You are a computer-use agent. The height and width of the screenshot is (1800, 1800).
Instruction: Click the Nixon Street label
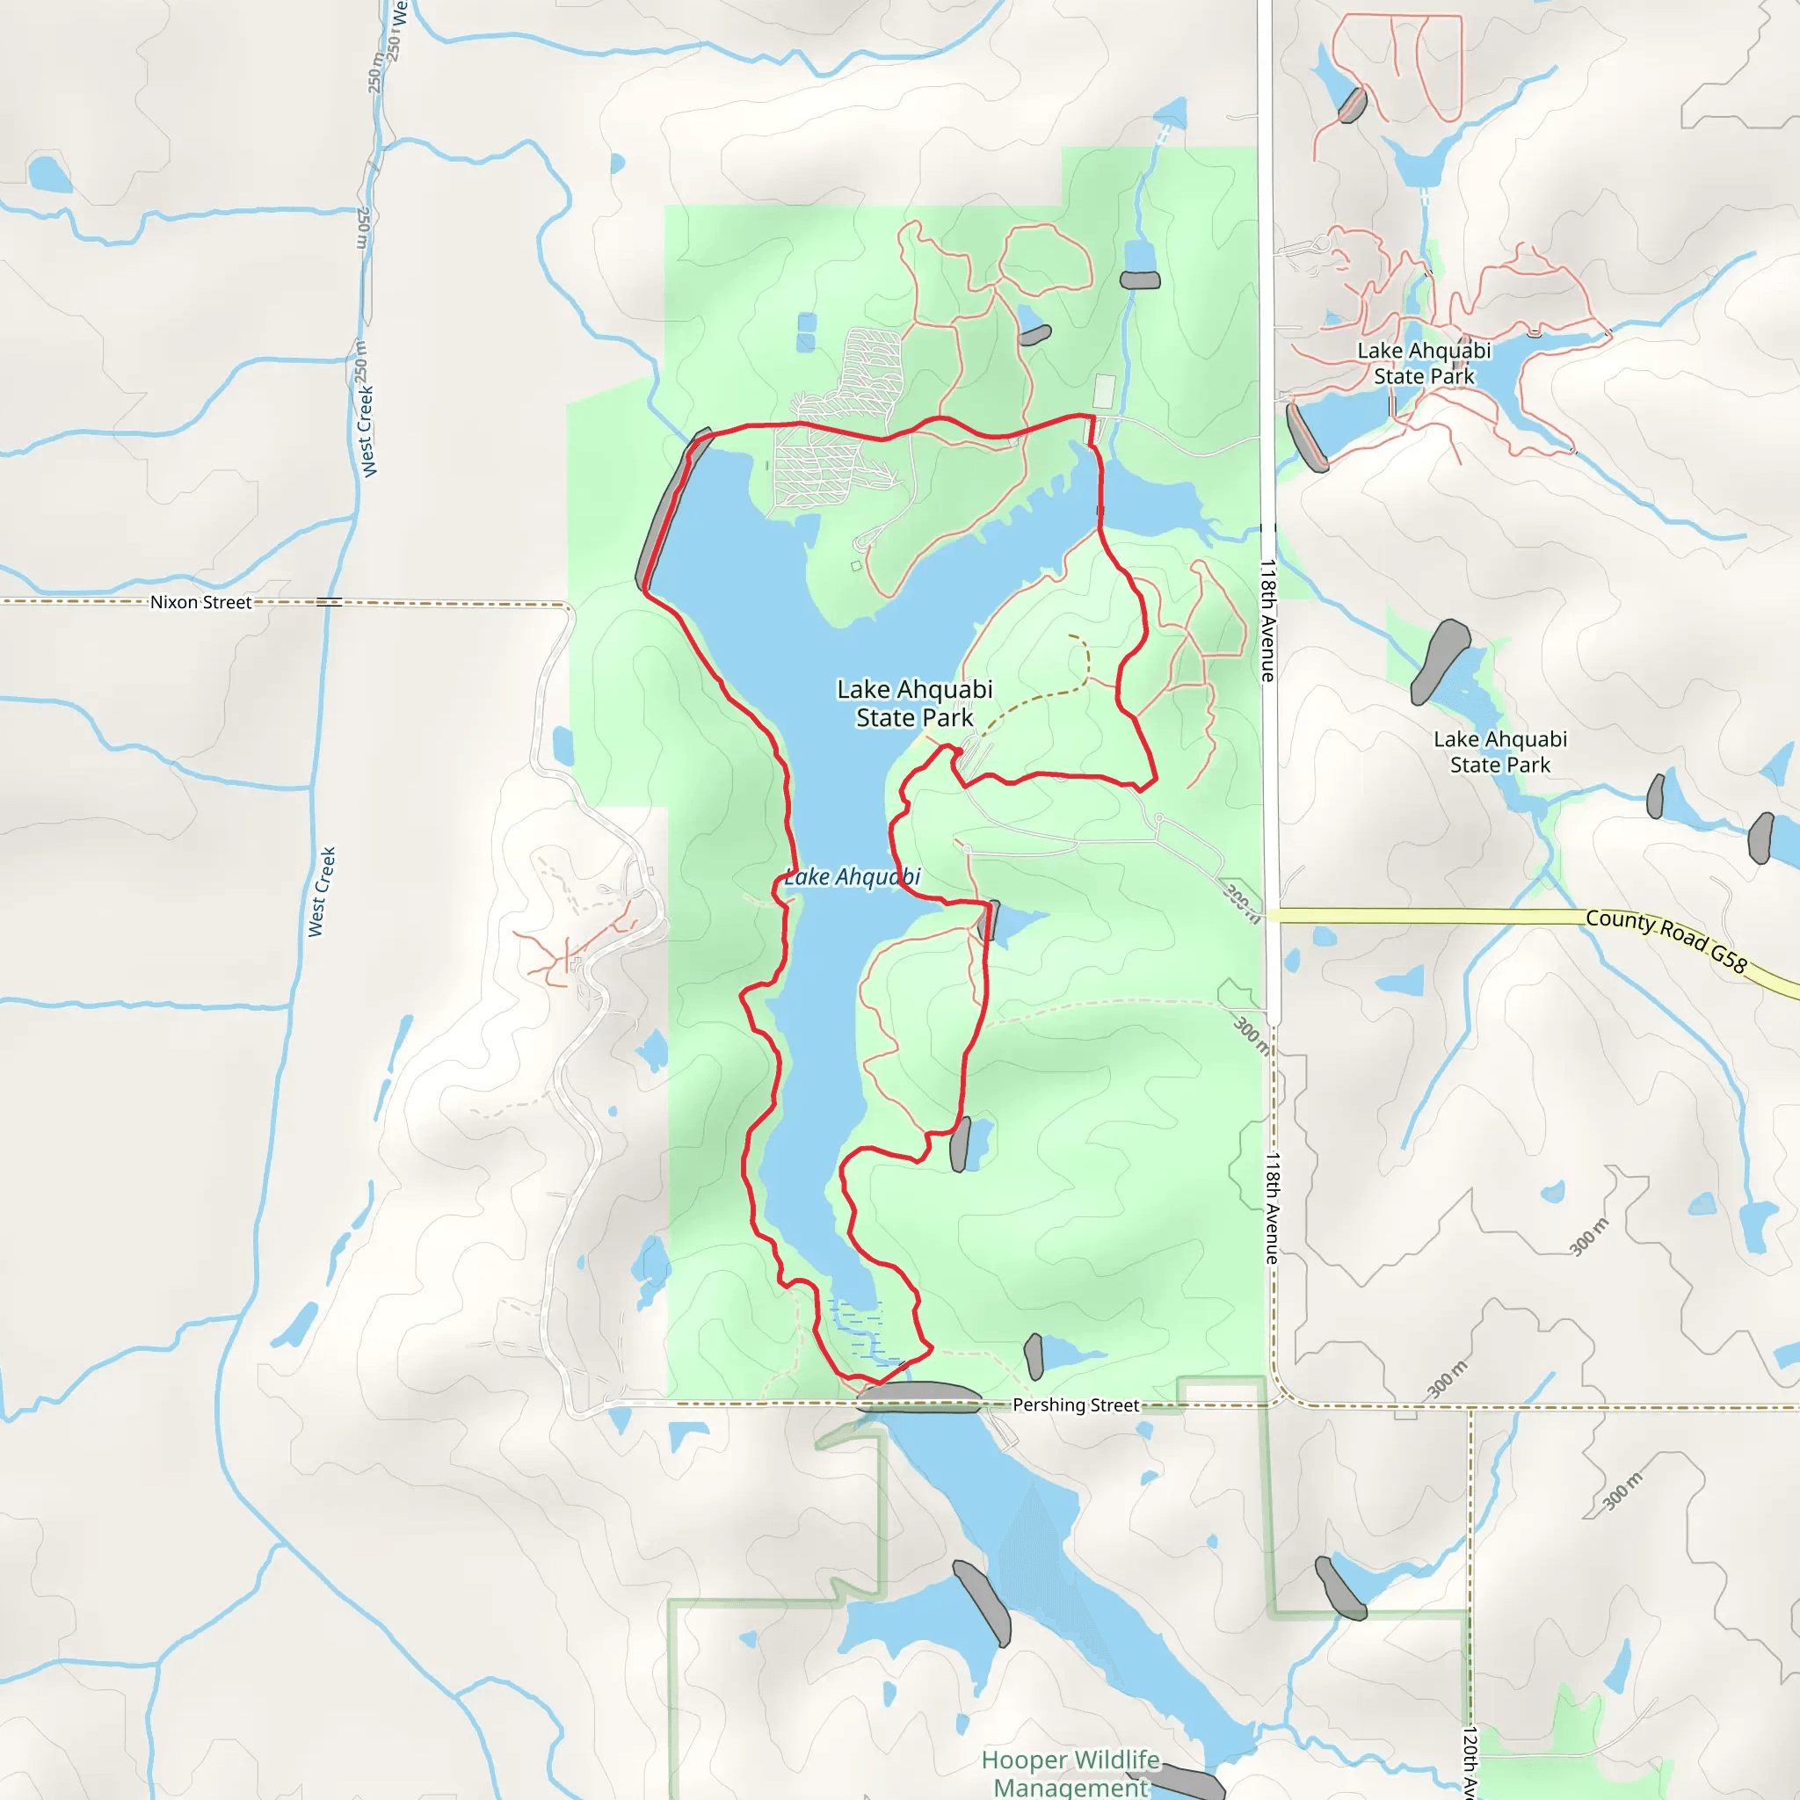click(200, 602)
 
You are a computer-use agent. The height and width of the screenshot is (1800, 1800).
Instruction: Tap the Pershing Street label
click(1075, 1405)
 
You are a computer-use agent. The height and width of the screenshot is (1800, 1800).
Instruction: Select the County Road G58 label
click(1666, 940)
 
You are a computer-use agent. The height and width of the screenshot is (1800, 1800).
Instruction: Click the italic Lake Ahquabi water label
click(852, 876)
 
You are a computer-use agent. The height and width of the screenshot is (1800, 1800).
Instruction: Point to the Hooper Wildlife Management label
click(1071, 1773)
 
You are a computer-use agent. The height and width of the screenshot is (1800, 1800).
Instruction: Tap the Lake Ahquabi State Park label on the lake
click(914, 703)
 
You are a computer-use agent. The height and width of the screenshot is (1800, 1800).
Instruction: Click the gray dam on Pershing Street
click(918, 1397)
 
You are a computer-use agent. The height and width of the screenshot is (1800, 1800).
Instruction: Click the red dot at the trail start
click(958, 751)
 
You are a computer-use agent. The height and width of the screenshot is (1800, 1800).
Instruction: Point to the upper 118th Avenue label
click(1267, 620)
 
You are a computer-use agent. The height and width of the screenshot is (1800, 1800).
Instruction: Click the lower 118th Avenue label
click(1272, 1208)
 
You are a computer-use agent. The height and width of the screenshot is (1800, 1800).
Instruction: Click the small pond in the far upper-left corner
click(48, 174)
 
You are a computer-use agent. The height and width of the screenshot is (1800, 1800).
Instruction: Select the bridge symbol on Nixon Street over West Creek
click(329, 602)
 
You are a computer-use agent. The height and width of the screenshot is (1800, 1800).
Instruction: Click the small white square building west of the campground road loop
click(856, 565)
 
